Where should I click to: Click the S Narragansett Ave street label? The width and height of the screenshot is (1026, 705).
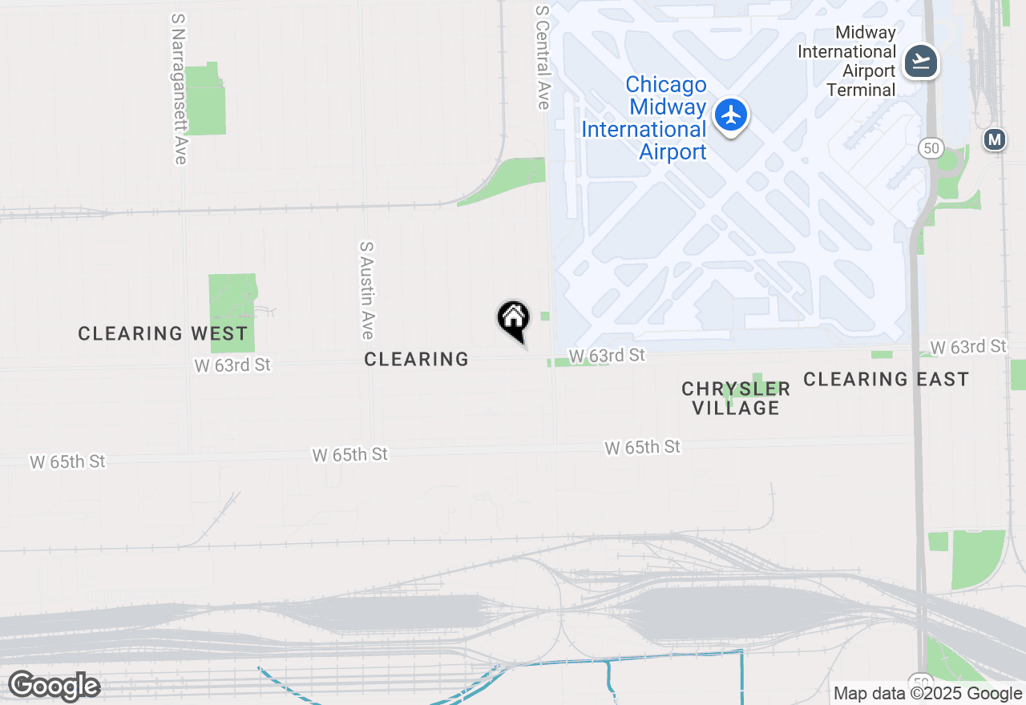click(179, 89)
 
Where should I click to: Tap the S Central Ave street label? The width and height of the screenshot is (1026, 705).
click(543, 57)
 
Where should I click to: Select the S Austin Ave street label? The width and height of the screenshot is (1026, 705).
click(367, 290)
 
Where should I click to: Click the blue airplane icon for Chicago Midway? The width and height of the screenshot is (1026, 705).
click(730, 115)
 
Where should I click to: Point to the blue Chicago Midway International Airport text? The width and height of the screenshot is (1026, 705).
click(644, 118)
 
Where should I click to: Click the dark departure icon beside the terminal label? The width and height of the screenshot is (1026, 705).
click(921, 61)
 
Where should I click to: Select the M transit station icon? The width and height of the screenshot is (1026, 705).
click(995, 139)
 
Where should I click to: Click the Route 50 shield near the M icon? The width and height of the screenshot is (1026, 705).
click(931, 147)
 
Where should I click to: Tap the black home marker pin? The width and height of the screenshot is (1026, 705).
click(514, 320)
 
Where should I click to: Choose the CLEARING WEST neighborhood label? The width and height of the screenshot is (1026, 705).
click(163, 333)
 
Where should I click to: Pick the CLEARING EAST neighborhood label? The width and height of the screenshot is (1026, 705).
click(886, 379)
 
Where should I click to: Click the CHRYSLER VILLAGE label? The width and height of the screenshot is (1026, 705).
click(736, 398)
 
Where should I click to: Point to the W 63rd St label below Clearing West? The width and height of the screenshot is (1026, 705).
click(232, 365)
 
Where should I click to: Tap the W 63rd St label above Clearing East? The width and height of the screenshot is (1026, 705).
click(969, 346)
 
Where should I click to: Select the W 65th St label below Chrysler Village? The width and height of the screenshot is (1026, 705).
click(643, 447)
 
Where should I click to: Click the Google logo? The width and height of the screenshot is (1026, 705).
click(54, 687)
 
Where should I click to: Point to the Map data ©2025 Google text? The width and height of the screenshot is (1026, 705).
click(927, 694)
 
